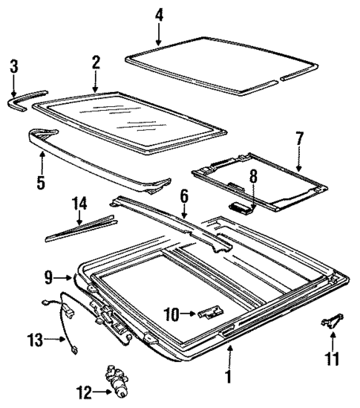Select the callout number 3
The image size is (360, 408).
coord(13,68)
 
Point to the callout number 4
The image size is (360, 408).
coord(159,14)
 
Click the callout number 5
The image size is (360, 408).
coord(42,181)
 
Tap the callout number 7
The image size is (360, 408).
coord(299,137)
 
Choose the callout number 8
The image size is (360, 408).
coord(252,177)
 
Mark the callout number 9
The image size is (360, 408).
coord(48,279)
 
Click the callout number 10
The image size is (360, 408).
coord(170,314)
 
